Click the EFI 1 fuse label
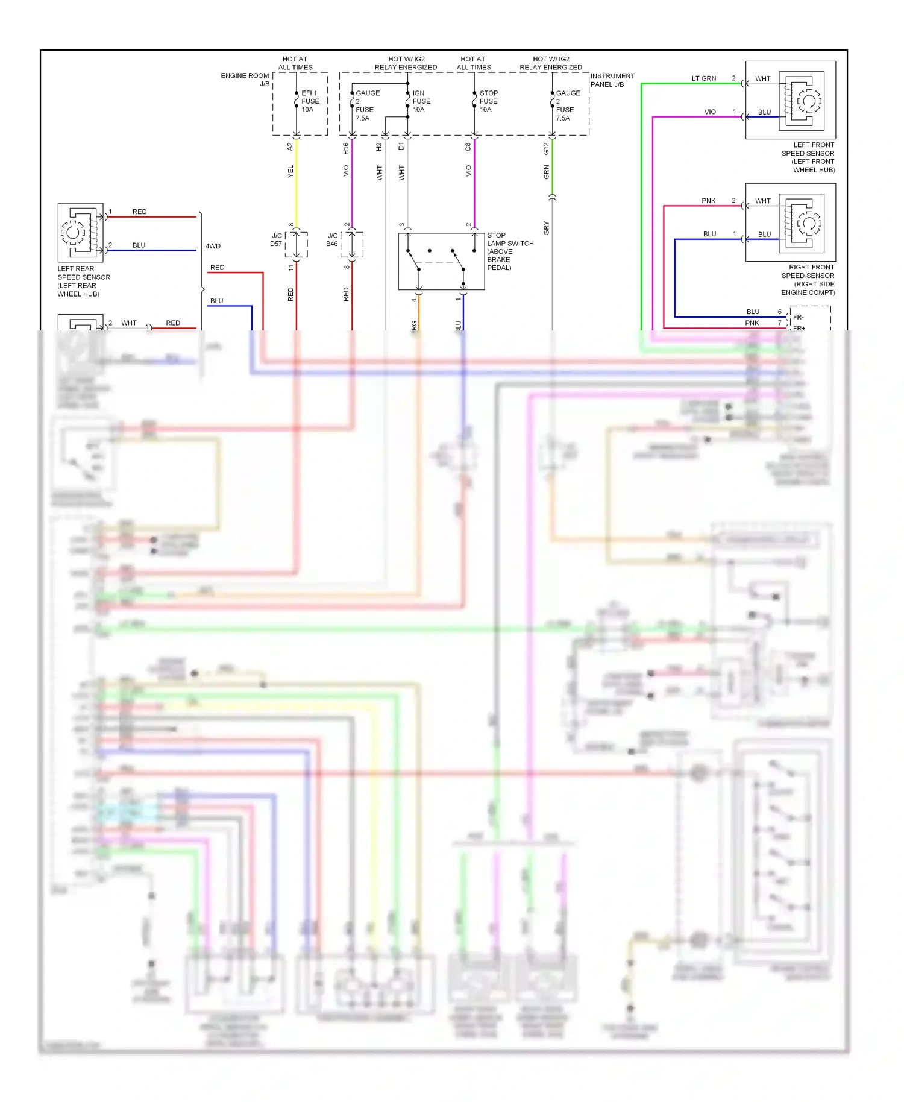coord(310,101)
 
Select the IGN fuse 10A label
coord(421,101)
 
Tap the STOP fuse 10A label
coord(488,101)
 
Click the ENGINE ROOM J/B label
coord(245,79)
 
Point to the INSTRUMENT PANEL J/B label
coord(612,80)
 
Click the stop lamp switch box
coord(441,261)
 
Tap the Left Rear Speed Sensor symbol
coord(81,231)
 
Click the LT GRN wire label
coord(703,78)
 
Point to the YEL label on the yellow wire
coord(290,171)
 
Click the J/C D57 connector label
coord(276,239)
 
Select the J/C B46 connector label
coord(332,239)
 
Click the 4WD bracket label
coord(213,246)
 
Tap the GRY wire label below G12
coord(546,228)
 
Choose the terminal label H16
coord(345,148)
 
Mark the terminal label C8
coord(468,146)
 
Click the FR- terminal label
coord(798,317)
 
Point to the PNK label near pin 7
coord(752,323)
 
